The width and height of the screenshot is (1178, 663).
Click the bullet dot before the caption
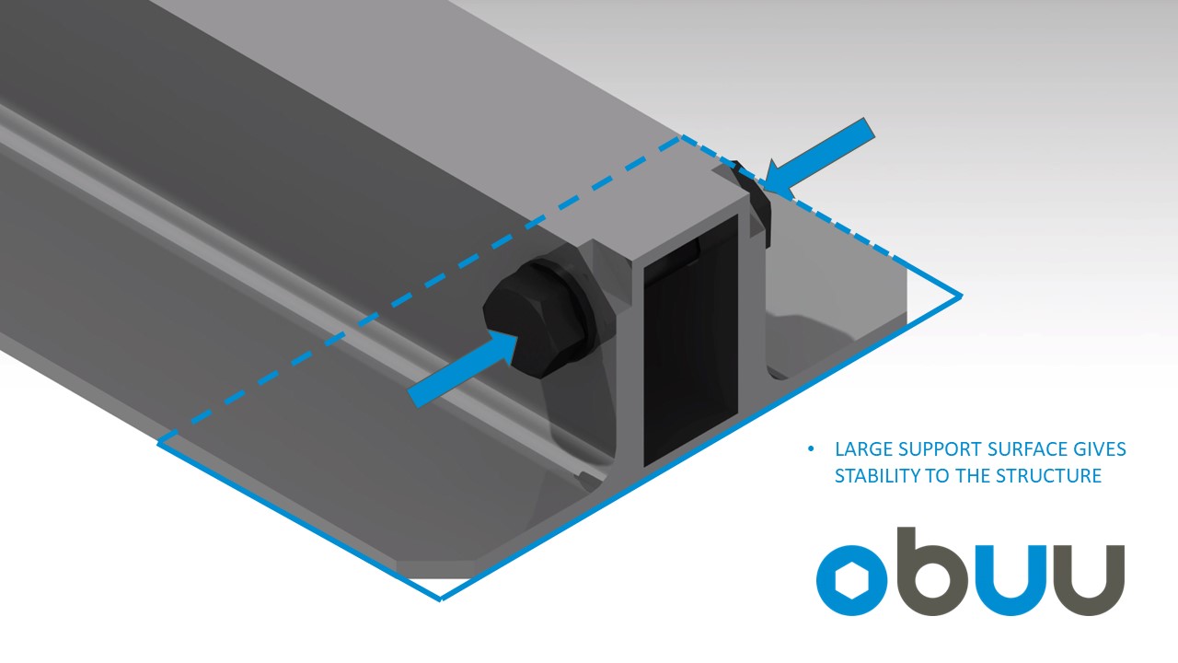click(x=811, y=449)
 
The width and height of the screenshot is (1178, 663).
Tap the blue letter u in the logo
click(x=1010, y=581)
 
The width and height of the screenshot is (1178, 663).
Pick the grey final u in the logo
click(x=1089, y=581)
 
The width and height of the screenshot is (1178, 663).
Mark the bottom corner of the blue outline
click(x=441, y=599)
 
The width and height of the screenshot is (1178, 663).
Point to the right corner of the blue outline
click(x=961, y=297)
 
